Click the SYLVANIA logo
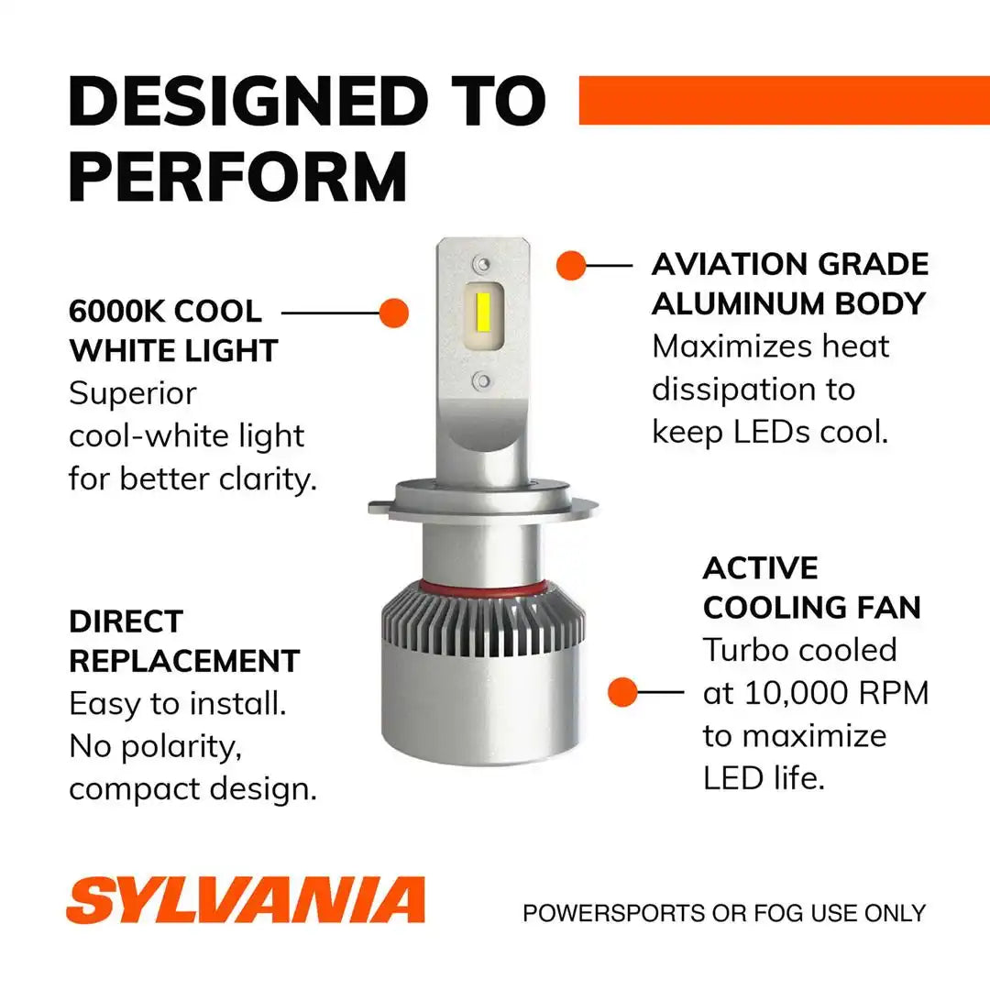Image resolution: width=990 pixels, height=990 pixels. (245, 900)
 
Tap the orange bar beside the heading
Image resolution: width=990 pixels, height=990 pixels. (784, 101)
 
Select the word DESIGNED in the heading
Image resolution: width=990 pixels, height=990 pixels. (248, 101)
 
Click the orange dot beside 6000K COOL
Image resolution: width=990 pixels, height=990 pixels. (394, 313)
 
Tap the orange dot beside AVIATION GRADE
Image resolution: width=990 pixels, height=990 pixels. (571, 265)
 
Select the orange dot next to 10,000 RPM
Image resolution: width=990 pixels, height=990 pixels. (622, 692)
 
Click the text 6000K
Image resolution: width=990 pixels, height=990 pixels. (115, 312)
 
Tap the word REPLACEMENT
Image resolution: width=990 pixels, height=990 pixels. (184, 662)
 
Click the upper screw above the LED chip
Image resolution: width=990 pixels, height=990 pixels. (482, 263)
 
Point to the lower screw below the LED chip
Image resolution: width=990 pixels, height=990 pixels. (482, 380)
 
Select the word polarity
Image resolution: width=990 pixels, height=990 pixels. (181, 748)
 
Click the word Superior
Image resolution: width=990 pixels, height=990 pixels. (133, 394)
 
